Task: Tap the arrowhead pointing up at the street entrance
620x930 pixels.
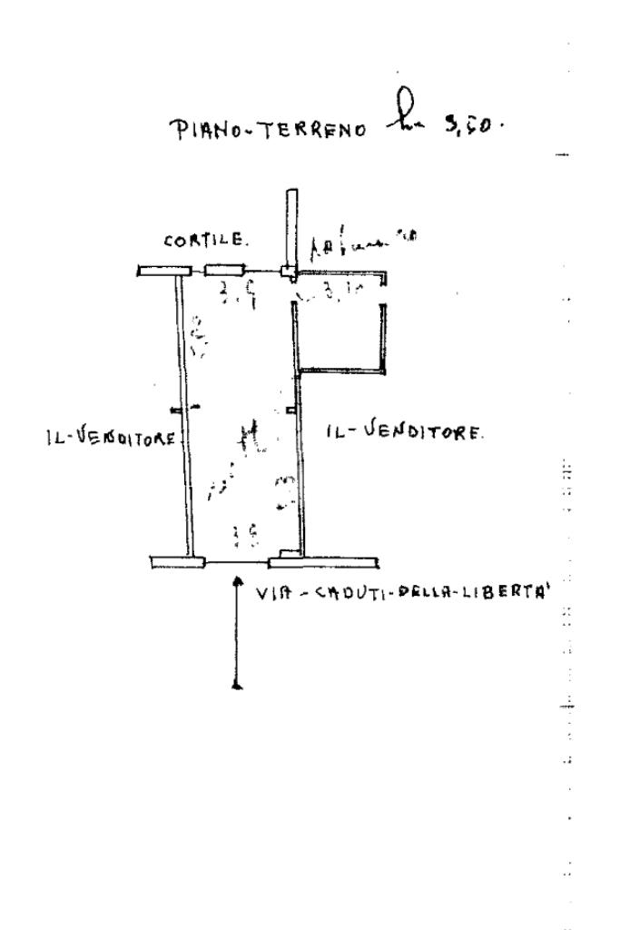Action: click(x=237, y=578)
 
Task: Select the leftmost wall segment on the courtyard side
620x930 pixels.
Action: click(x=163, y=270)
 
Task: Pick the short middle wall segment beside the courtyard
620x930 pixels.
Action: click(x=224, y=270)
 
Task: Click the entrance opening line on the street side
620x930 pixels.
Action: click(x=238, y=562)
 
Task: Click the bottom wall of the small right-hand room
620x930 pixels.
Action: click(x=342, y=370)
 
